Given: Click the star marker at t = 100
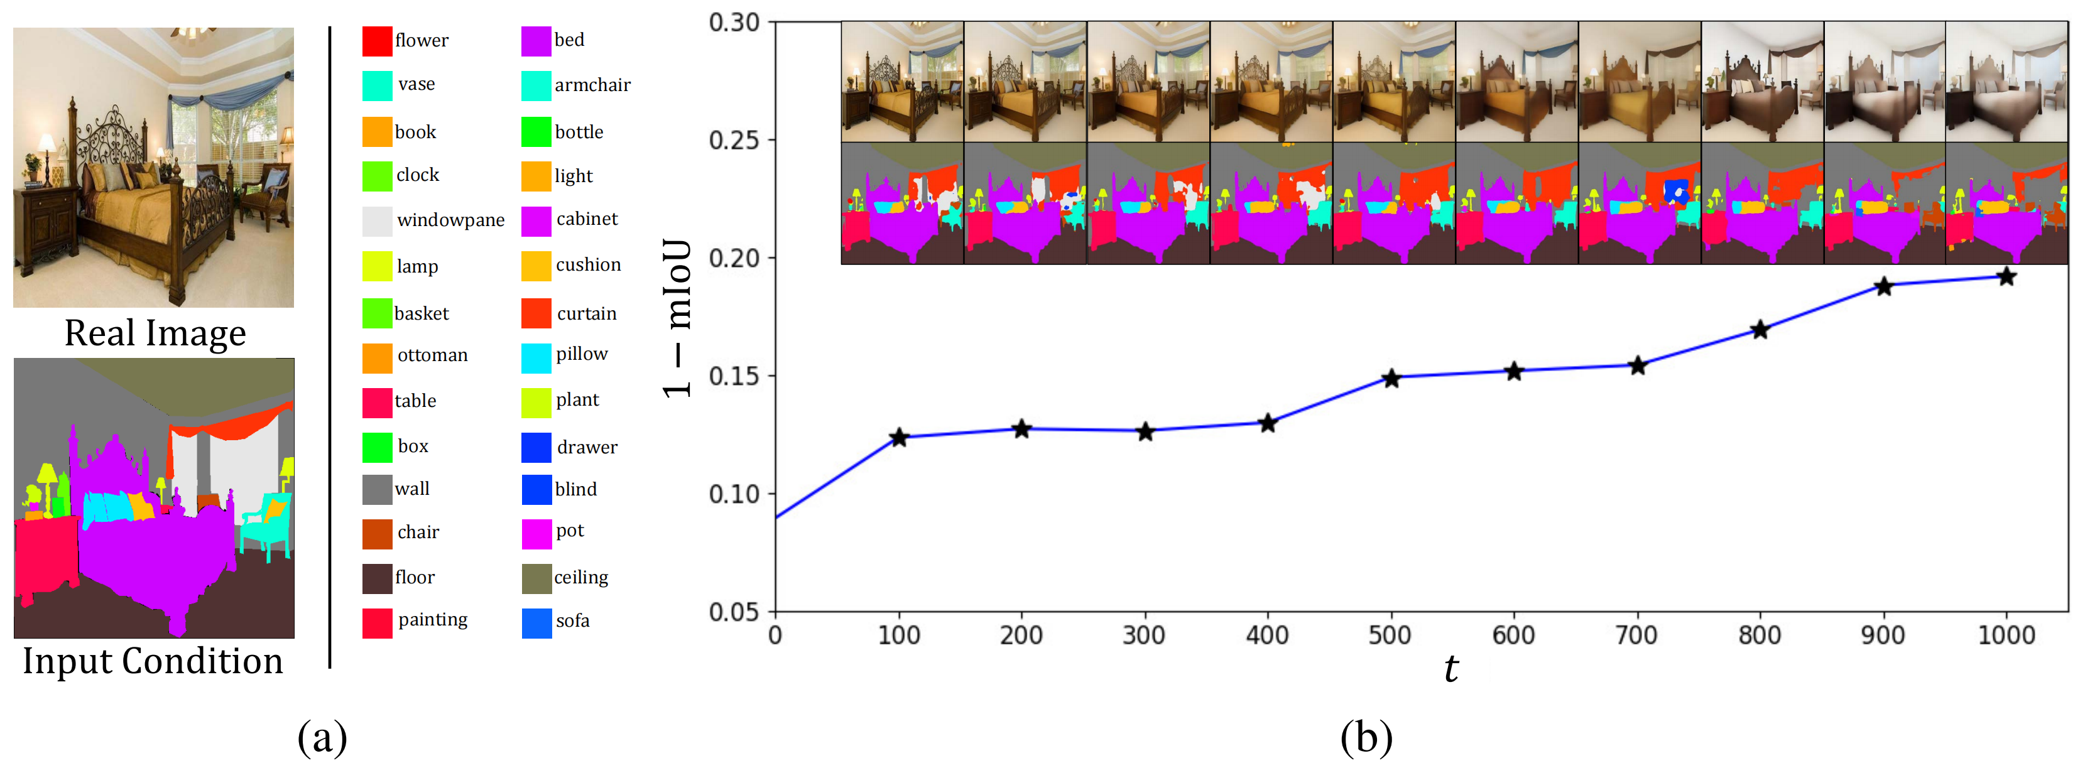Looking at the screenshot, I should point(898,438).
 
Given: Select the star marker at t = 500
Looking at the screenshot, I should point(1391,378).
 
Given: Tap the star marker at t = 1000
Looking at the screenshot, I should point(2006,278).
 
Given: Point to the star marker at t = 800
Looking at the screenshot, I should point(1760,330).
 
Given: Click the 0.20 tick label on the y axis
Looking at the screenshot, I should point(734,258).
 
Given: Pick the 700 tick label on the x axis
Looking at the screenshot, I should point(1636,635).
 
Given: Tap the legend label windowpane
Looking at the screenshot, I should point(450,220).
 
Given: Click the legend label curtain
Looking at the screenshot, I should point(587,314).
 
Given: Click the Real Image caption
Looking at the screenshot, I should point(155,333).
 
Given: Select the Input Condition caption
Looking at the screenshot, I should point(153,661).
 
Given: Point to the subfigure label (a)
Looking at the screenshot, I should point(322,737).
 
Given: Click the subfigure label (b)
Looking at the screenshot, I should point(1366,737).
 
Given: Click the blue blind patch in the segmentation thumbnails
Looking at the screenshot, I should point(1676,192).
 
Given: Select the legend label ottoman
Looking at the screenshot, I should point(432,355).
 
